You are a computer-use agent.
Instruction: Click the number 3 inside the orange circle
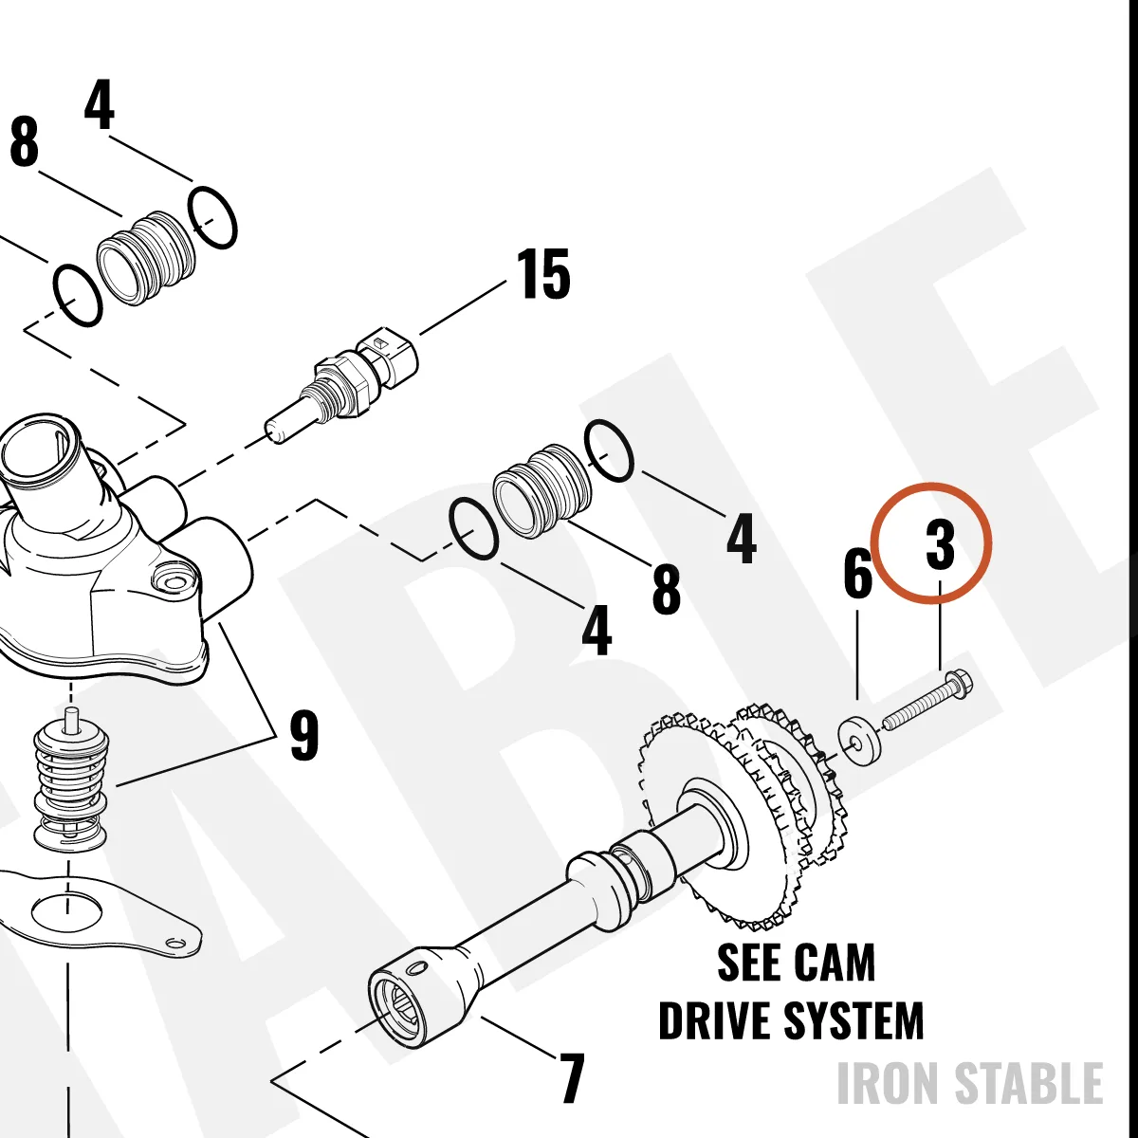click(940, 543)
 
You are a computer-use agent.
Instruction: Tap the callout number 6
click(857, 573)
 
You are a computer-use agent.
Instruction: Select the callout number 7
click(570, 1077)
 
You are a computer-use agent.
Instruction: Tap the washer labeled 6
click(860, 740)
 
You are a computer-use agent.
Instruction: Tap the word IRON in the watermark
click(888, 1082)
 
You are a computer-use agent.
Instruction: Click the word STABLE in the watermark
click(1029, 1082)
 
